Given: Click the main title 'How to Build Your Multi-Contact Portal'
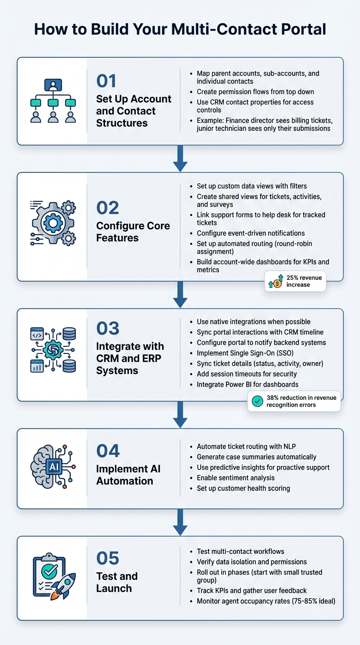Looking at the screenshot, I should point(180,29).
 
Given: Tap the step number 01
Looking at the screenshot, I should point(106,81).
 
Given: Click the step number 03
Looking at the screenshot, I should point(108,329).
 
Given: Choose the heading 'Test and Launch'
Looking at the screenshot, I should point(117,582).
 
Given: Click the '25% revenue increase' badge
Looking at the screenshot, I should point(295,281).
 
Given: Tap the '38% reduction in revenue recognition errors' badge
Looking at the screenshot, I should point(294,401).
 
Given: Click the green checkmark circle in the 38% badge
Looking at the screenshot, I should point(257,401).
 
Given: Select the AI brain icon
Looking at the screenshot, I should point(52,467).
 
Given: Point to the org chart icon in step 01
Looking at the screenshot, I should point(52,101).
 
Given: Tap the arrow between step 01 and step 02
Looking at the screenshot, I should point(180,159).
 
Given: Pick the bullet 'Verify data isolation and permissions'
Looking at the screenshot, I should point(251,562).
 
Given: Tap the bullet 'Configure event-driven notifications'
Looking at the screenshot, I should point(250,233).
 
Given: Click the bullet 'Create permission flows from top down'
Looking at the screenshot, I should point(255,91).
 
